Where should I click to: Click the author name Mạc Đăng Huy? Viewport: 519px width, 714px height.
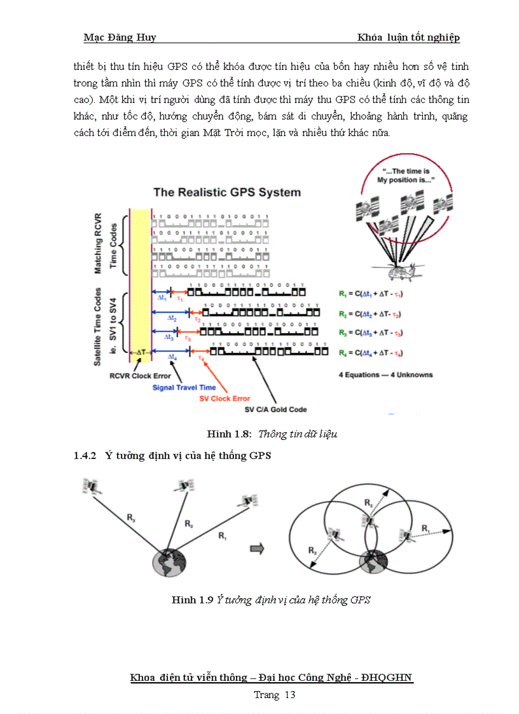[x=120, y=38]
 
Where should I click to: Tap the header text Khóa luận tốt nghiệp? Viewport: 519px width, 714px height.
[x=408, y=38]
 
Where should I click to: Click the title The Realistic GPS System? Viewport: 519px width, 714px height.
[x=226, y=192]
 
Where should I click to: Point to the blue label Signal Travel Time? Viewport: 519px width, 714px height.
[x=184, y=387]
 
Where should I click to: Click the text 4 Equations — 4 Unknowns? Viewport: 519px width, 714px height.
[x=385, y=375]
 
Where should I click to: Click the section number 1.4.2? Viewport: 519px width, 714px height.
[x=85, y=455]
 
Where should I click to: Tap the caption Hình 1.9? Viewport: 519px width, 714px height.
[x=191, y=600]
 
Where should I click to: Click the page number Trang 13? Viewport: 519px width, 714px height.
[x=275, y=695]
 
